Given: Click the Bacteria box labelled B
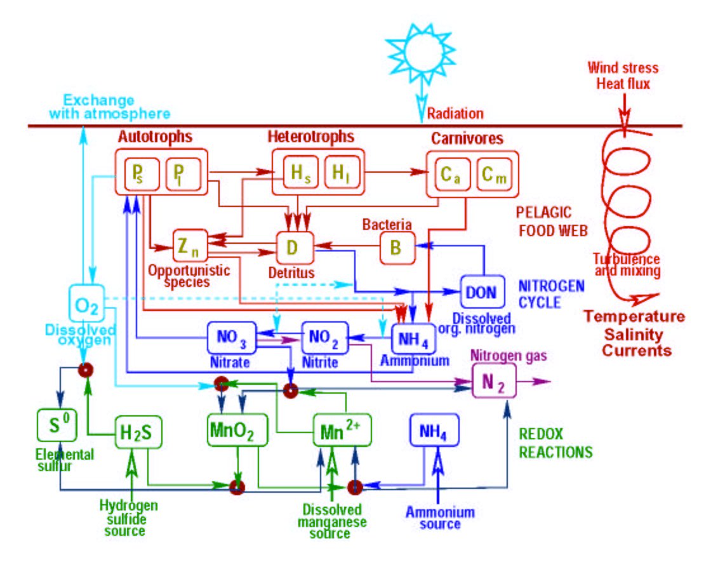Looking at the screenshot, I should pyautogui.click(x=397, y=247).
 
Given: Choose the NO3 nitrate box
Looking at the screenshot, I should pyautogui.click(x=232, y=337).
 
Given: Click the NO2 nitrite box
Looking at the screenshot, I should pyautogui.click(x=325, y=337).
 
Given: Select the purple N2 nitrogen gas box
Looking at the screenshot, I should pyautogui.click(x=493, y=383).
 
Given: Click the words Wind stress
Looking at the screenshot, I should pyautogui.click(x=614, y=68).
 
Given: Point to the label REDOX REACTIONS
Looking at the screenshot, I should pyautogui.click(x=555, y=443).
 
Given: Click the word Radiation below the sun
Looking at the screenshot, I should pyautogui.click(x=455, y=114).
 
